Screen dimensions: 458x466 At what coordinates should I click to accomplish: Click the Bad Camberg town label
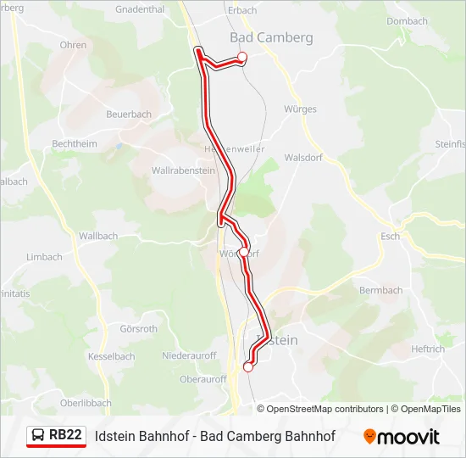[271, 37]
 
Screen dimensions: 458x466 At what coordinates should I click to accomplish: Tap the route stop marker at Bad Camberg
[241, 57]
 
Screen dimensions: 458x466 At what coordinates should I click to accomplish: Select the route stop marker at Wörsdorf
[244, 252]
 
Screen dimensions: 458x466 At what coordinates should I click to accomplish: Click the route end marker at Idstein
[248, 367]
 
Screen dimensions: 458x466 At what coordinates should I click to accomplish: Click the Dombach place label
[407, 21]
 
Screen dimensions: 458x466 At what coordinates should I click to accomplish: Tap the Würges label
[300, 109]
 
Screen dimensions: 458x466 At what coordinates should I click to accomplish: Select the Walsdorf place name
[305, 158]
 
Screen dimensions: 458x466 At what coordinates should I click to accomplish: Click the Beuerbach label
[130, 114]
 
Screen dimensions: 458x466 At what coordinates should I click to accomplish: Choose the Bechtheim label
[75, 144]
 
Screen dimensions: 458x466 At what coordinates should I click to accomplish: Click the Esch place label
[391, 237]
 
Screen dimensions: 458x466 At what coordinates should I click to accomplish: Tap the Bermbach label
[381, 290]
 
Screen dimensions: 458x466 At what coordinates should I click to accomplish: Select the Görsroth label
[139, 329]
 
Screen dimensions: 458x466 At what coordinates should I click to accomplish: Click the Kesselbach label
[111, 357]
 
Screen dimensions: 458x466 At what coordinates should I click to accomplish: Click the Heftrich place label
[428, 349]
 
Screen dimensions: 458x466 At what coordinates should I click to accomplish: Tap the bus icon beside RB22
[38, 436]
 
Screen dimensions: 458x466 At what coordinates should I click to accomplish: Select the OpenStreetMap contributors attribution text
[325, 409]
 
